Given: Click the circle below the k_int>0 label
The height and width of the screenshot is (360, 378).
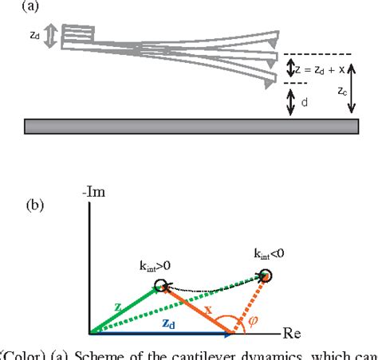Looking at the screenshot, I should click(x=161, y=285).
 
